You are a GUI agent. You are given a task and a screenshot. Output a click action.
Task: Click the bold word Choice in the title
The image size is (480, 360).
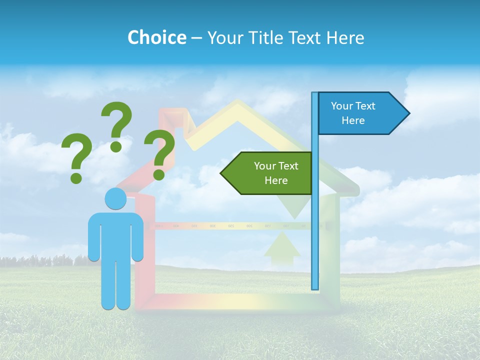coord(156,38)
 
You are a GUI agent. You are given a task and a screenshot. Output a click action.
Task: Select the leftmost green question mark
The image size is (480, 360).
coord(76,158)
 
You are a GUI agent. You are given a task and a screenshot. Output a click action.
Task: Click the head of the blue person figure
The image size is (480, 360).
coord(115,199)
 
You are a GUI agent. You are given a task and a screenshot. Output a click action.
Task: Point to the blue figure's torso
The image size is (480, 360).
coord(115,235)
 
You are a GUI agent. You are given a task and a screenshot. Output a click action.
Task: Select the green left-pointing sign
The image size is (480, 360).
coord(270,173)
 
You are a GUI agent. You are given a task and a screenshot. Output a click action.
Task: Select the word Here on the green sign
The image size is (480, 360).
coord(276,180)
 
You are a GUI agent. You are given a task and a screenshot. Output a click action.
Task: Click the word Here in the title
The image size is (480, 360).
coord(345,38)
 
